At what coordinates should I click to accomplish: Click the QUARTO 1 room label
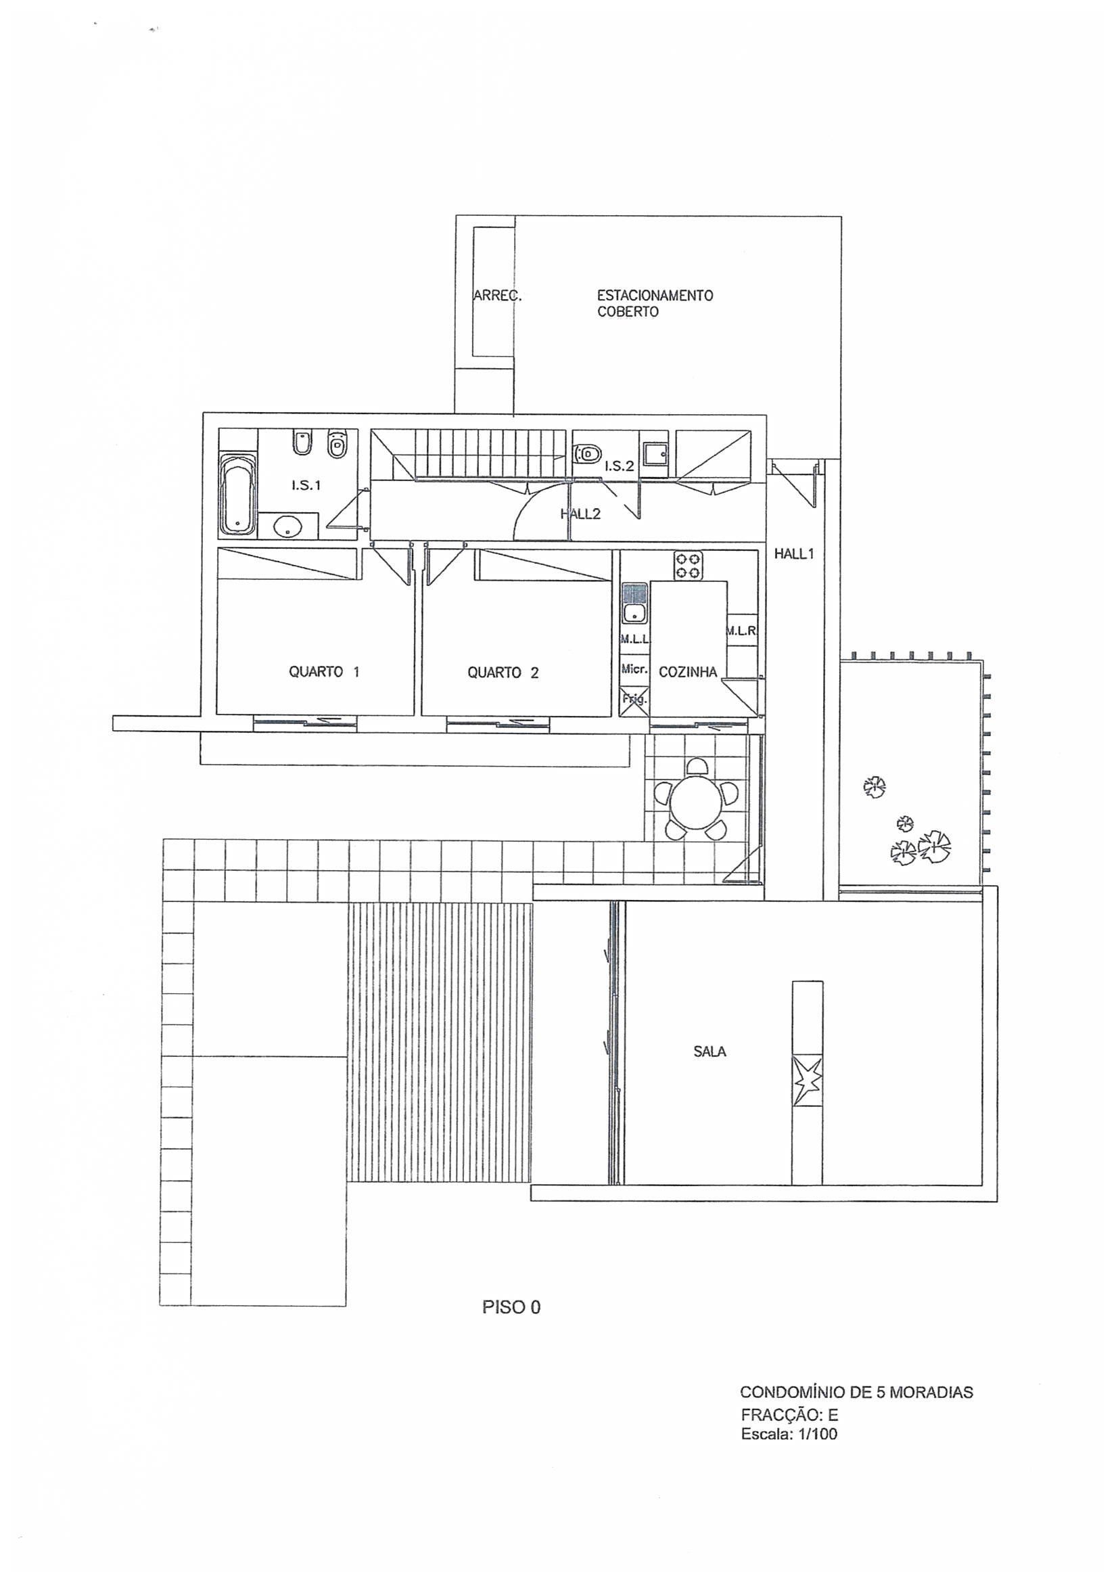[x=324, y=672]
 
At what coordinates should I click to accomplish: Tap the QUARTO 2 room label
[x=503, y=673]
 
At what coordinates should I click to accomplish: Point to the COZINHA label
[x=687, y=672]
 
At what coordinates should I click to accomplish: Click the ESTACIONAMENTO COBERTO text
[x=655, y=303]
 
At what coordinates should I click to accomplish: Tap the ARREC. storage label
[x=497, y=296]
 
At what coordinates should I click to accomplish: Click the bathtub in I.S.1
[x=237, y=493]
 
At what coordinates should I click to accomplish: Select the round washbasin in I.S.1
[x=287, y=528]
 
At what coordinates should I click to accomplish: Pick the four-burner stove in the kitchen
[x=688, y=566]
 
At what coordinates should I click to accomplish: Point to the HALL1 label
[x=793, y=553]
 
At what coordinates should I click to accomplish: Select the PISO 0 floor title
[x=511, y=1307]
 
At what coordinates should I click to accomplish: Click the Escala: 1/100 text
[x=789, y=1434]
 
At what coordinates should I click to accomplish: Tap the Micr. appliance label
[x=634, y=669]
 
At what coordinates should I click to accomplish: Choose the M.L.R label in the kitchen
[x=741, y=631]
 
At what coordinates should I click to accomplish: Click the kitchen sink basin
[x=634, y=612]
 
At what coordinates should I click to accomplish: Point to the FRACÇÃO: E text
[x=789, y=1415]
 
